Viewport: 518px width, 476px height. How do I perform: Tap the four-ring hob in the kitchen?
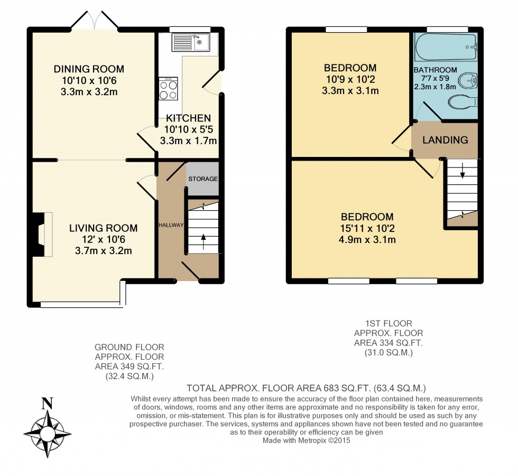click(169, 89)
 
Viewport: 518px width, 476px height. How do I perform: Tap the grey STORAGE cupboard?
click(203, 179)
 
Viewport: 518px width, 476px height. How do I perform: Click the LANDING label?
click(445, 140)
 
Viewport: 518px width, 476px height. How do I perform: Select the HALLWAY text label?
click(171, 226)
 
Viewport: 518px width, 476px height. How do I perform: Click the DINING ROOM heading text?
click(89, 69)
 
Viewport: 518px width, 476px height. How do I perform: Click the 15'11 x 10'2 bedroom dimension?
click(367, 228)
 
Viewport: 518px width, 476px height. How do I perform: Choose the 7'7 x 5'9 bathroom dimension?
click(436, 79)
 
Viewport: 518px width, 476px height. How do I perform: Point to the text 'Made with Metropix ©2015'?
click(307, 439)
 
